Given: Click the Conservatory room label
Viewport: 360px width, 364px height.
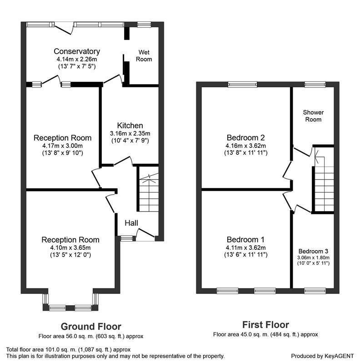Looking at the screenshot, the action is click(77, 51).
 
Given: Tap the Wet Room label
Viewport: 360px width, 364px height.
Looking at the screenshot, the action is click(144, 56).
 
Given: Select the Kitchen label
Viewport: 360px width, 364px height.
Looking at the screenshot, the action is click(130, 126).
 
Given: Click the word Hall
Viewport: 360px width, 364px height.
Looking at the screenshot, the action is click(131, 223).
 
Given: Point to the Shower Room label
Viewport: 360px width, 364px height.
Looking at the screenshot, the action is click(313, 116).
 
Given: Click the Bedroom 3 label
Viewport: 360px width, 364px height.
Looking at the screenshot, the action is click(313, 251).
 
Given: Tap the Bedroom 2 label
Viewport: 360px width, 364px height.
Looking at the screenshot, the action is click(245, 138).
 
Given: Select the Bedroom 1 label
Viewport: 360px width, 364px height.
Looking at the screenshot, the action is click(245, 239).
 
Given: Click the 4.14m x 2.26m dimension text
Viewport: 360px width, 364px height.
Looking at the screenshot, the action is click(77, 59).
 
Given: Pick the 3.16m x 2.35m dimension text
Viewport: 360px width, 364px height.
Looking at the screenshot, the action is click(130, 133).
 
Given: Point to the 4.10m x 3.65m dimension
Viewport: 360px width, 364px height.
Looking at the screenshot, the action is click(70, 248).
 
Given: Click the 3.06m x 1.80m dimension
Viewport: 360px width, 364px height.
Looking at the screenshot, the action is click(313, 258).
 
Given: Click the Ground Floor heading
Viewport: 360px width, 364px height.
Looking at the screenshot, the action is click(91, 327).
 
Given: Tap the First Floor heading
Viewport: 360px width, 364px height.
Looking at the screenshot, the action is click(265, 325).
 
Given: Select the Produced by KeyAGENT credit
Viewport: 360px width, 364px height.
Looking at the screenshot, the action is click(322, 356).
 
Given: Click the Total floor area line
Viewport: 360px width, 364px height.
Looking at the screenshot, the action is click(69, 349).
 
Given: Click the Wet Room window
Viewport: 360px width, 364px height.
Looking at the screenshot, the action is click(144, 25).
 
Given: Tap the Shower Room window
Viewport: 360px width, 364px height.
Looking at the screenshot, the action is click(315, 85).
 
